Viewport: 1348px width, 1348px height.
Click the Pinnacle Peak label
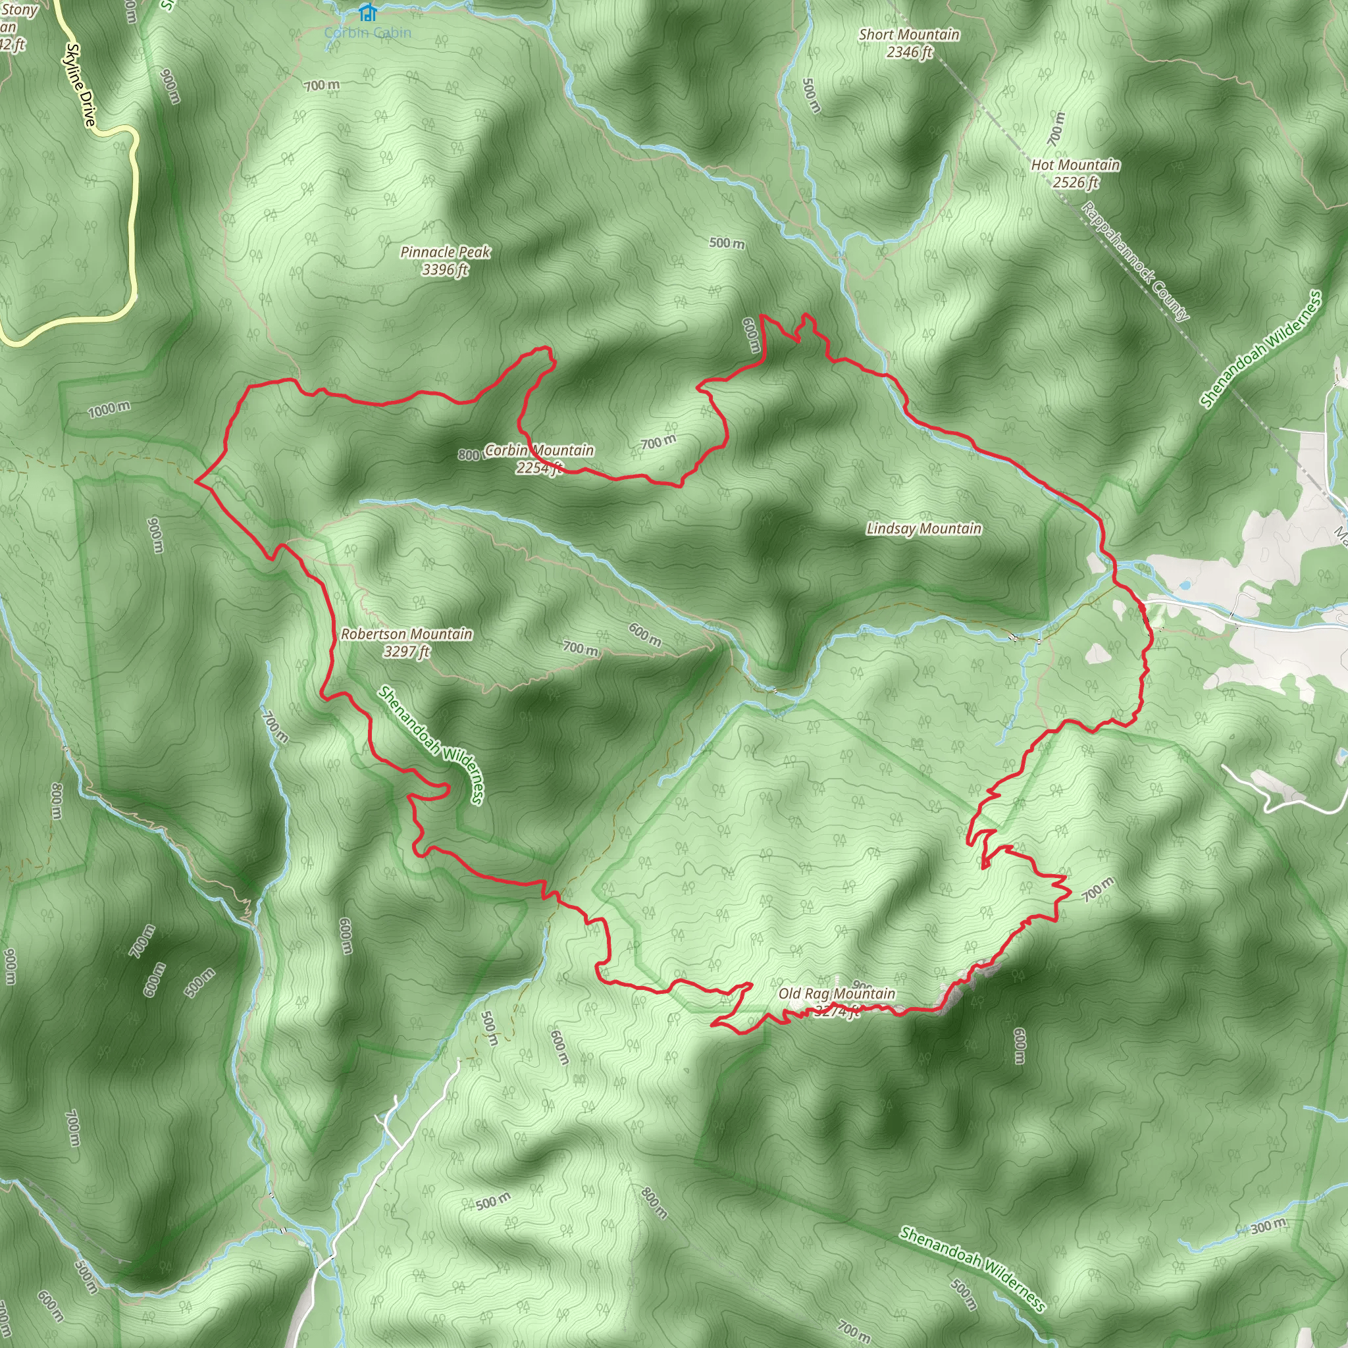pyautogui.click(x=445, y=252)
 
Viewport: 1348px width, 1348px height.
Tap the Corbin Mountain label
pyautogui.click(x=538, y=451)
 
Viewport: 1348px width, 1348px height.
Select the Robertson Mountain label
pyautogui.click(x=406, y=635)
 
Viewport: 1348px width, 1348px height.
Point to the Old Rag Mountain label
pyautogui.click(x=837, y=993)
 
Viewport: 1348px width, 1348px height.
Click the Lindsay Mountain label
pyautogui.click(x=923, y=529)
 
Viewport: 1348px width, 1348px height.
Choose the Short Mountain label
pyautogui.click(x=909, y=34)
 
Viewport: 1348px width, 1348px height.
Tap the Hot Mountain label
pyautogui.click(x=1076, y=165)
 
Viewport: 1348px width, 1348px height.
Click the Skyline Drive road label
pyautogui.click(x=80, y=85)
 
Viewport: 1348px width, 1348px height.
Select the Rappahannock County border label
pyautogui.click(x=1135, y=262)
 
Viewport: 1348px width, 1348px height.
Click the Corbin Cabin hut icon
pyautogui.click(x=367, y=12)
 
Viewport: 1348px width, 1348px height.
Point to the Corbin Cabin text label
pyautogui.click(x=368, y=33)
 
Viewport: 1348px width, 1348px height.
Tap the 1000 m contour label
pyautogui.click(x=109, y=409)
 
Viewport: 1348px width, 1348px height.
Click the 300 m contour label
pyautogui.click(x=1268, y=1226)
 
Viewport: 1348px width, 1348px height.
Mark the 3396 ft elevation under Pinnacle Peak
pyautogui.click(x=444, y=269)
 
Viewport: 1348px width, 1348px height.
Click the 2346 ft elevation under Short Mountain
pyautogui.click(x=909, y=51)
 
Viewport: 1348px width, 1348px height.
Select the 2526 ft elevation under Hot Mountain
pyautogui.click(x=1076, y=183)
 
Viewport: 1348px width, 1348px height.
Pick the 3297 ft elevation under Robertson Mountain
pyautogui.click(x=406, y=652)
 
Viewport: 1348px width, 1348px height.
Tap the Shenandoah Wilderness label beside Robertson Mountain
pyautogui.click(x=430, y=744)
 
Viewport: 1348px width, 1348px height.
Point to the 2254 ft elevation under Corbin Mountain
pyautogui.click(x=538, y=468)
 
